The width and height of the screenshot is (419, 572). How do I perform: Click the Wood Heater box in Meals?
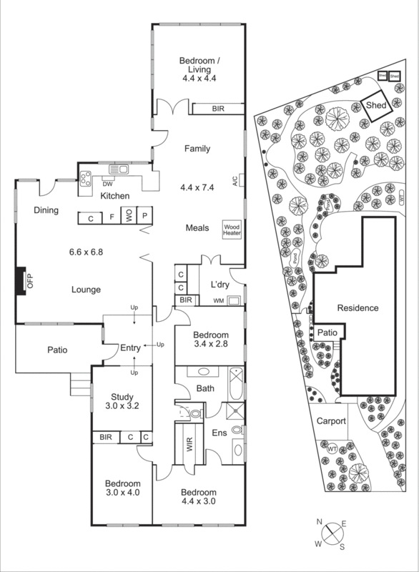[233, 228]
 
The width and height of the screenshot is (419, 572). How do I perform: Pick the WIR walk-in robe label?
[189, 445]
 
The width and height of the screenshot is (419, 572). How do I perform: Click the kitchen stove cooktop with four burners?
[86, 179]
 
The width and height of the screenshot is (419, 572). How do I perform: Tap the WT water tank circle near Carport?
[332, 448]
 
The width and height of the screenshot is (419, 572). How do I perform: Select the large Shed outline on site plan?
[376, 105]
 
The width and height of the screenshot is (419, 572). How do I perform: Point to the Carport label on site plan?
[331, 421]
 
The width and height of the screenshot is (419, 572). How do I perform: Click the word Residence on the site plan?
[358, 308]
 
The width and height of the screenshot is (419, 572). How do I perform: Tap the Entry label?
[130, 347]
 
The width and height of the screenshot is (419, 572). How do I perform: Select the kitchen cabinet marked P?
[144, 216]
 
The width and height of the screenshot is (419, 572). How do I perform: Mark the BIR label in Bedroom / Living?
[217, 109]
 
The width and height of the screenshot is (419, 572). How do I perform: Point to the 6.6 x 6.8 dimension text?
[87, 252]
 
